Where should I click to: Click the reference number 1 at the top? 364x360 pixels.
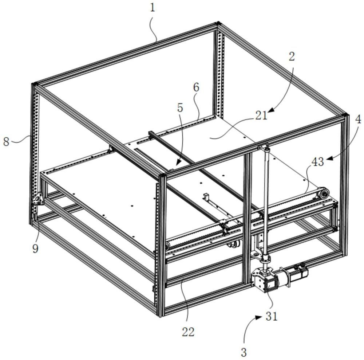153,8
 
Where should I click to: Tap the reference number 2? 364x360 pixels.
291,56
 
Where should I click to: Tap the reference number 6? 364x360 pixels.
196,88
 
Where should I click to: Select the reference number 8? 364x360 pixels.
6,141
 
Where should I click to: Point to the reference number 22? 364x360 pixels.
188,332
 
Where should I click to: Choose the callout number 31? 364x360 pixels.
271,316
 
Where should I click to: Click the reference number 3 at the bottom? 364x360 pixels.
244,352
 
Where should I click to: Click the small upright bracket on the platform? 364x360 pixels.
206,197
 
